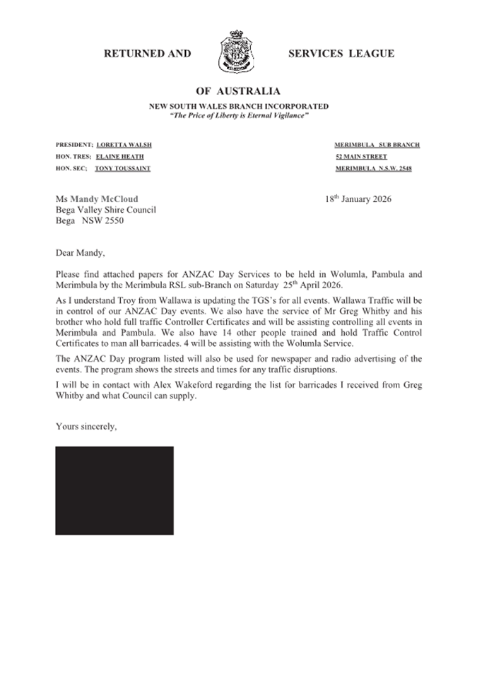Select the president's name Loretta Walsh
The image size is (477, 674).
tap(124, 145)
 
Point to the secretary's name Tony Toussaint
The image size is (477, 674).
tap(123, 169)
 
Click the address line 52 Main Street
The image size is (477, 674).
tap(361, 157)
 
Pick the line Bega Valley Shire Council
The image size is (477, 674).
tap(105, 210)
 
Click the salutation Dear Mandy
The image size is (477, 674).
tap(81, 251)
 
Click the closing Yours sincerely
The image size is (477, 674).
tap(86, 426)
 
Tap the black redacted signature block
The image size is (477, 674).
tap(114, 490)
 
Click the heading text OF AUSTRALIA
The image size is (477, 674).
tap(237, 91)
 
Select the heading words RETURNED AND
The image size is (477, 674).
tap(147, 54)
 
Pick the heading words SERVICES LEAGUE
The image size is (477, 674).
tap(341, 54)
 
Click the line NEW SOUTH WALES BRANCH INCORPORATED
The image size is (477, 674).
tap(238, 106)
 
